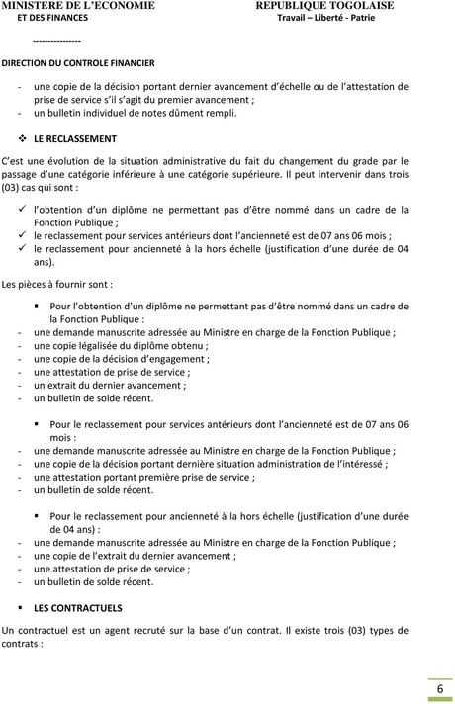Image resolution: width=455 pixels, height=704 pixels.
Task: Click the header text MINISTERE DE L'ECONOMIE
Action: [78, 6]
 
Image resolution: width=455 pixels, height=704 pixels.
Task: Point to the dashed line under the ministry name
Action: [56, 41]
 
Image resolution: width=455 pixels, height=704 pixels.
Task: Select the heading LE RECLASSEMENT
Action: [74, 138]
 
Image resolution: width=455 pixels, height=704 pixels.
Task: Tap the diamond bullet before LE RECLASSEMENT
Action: [22, 138]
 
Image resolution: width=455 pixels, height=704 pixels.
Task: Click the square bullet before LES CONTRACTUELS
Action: [22, 608]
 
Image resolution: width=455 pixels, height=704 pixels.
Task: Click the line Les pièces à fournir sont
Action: [56, 283]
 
